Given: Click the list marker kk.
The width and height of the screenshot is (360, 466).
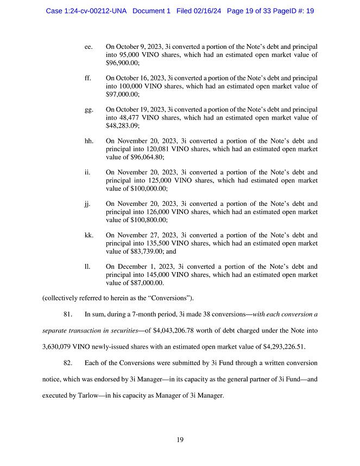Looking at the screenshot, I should pos(89,235).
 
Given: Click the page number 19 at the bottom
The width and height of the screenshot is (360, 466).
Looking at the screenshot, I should pos(180,440).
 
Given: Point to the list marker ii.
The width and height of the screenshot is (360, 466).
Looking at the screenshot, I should pos(87,172).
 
